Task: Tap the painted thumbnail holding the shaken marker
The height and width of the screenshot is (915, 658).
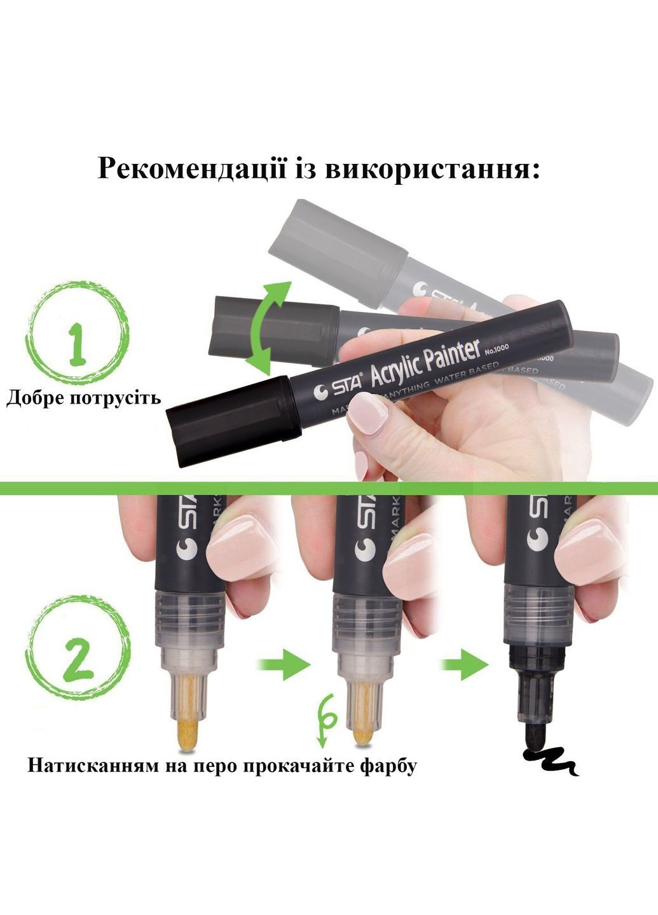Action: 369,413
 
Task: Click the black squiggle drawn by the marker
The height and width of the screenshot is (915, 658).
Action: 551,760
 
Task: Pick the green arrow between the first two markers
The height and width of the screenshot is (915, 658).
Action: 282,664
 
